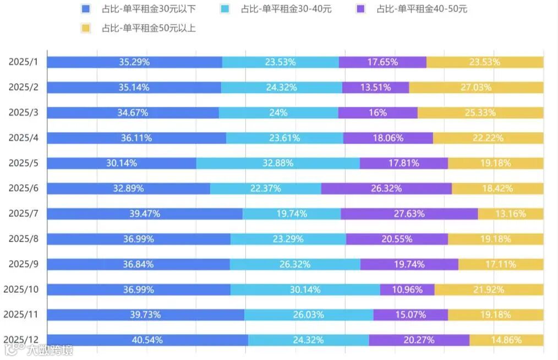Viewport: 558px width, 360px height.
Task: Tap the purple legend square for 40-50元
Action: pyautogui.click(x=361, y=9)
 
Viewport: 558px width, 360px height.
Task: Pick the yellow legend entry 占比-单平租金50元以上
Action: pyautogui.click(x=140, y=28)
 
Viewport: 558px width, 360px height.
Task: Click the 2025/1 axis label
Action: pyautogui.click(x=23, y=62)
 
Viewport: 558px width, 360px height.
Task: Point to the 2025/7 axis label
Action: pyautogui.click(x=23, y=214)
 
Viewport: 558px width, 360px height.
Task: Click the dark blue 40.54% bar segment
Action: pyautogui.click(x=147, y=340)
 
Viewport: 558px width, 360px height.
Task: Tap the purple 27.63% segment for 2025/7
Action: pyautogui.click(x=409, y=214)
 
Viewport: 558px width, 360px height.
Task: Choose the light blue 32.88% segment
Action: pyautogui.click(x=278, y=163)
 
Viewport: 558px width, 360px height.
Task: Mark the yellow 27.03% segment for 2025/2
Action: pyautogui.click(x=476, y=88)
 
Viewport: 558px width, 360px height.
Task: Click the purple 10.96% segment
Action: pyautogui.click(x=407, y=290)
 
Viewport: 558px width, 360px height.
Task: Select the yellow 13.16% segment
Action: pyautogui.click(x=510, y=214)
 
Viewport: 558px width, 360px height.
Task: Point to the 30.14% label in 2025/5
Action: pyautogui.click(x=122, y=163)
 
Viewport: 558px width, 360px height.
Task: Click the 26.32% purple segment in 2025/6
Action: pyautogui.click(x=386, y=188)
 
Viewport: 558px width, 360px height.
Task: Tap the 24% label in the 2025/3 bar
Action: pyautogui.click(x=278, y=113)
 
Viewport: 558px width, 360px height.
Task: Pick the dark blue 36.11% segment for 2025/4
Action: pyautogui.click(x=136, y=138)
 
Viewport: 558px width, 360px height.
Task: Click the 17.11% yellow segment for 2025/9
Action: pyautogui.click(x=501, y=264)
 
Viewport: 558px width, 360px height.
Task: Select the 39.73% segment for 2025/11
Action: pyautogui.click(x=145, y=315)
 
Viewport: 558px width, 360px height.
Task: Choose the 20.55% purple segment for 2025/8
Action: pyautogui.click(x=397, y=239)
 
